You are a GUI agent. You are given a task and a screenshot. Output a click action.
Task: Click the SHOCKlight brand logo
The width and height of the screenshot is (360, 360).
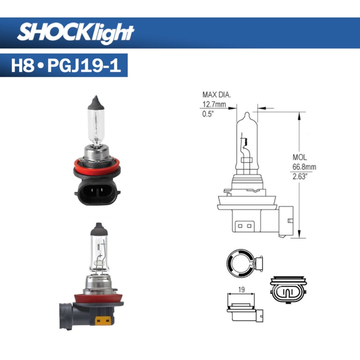[76, 32]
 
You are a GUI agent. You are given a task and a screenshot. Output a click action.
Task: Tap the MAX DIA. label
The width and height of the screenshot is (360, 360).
[217, 94]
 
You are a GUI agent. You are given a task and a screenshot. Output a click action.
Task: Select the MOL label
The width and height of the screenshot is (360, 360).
[299, 157]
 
